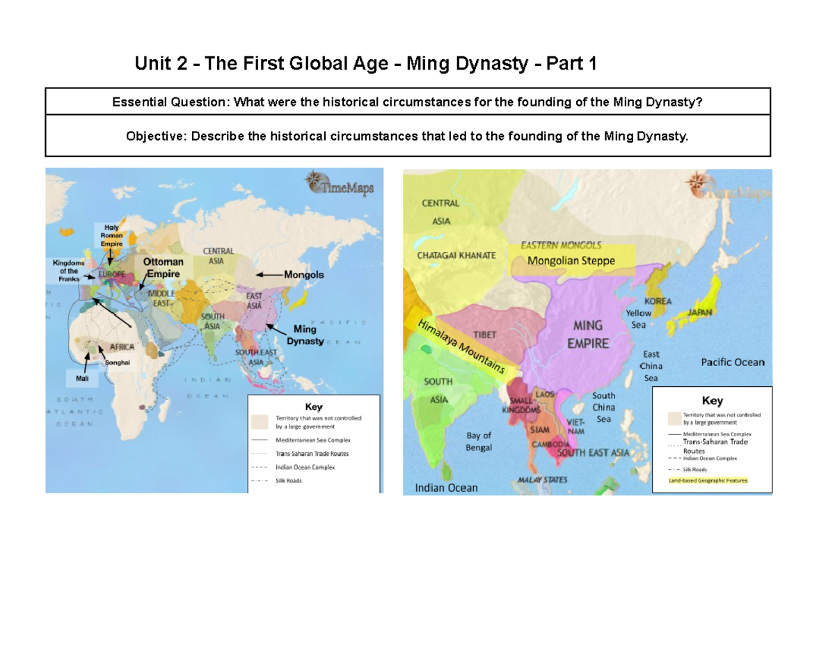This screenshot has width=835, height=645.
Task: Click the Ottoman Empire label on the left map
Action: point(164,268)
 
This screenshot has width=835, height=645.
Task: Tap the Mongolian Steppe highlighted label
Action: point(571,261)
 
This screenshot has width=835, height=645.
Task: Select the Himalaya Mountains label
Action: point(461,349)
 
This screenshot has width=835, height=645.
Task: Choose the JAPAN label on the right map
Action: point(701,312)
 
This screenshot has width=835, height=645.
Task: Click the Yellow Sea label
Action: point(639,319)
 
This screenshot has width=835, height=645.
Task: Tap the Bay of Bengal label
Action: point(479,441)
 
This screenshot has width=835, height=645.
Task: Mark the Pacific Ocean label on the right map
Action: point(732,362)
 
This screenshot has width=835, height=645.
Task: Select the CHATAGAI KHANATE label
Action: point(456,255)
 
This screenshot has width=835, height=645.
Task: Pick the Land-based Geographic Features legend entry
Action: point(708,480)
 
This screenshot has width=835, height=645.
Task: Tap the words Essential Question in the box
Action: point(170,103)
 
